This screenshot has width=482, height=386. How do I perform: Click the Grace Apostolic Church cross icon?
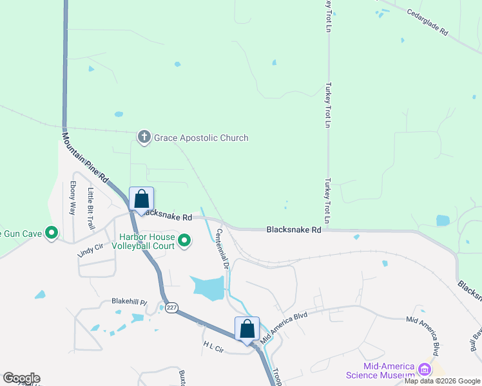pos(144,136)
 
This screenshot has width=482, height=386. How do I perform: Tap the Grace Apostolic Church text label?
pos(200,138)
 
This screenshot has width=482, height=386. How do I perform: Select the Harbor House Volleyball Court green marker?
pos(184,241)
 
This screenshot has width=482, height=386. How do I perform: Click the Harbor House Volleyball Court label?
pos(142,241)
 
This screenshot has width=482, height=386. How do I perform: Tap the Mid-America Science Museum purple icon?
pos(424,370)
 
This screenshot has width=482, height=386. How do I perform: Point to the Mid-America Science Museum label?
pos(389,371)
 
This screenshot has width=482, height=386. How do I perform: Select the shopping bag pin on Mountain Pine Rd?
pos(141,199)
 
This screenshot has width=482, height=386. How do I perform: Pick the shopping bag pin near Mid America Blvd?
pos(247,329)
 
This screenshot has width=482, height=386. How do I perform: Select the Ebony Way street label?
pos(73,198)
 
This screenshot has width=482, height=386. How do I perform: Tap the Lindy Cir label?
pos(90,250)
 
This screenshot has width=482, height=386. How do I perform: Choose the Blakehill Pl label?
pos(130,301)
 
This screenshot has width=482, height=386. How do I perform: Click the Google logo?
pos(21,378)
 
